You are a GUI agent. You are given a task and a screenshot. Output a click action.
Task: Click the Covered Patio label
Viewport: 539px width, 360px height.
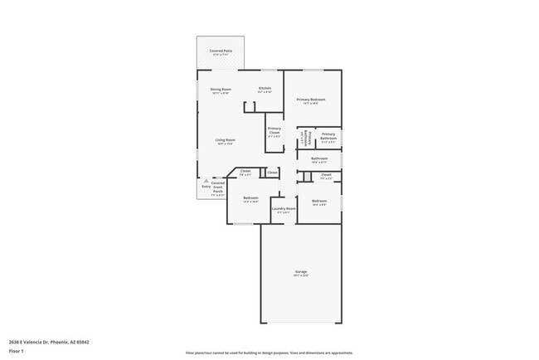pyautogui.click(x=221, y=51)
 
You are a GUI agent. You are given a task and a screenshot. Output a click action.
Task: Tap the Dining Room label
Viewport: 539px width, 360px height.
pyautogui.click(x=221, y=89)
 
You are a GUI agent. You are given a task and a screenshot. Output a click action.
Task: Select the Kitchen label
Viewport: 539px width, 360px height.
pyautogui.click(x=265, y=88)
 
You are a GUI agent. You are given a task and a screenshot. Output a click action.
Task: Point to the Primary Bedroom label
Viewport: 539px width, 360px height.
pyautogui.click(x=311, y=100)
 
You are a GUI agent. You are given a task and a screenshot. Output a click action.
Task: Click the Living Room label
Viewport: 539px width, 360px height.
pyautogui.click(x=226, y=140)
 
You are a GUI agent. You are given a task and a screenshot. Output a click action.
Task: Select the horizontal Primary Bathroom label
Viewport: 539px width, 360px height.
pyautogui.click(x=328, y=136)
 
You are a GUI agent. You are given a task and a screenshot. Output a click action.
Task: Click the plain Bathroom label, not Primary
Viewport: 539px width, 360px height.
pyautogui.click(x=319, y=158)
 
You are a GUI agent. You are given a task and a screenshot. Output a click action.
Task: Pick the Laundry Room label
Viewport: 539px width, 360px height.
pyautogui.click(x=284, y=209)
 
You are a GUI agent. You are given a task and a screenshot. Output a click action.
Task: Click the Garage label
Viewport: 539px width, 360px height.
pyautogui.click(x=301, y=272)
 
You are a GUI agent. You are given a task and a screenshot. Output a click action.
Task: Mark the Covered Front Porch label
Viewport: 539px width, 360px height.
pyautogui.click(x=217, y=187)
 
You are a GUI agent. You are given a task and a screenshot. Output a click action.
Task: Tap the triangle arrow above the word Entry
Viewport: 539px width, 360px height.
pyautogui.click(x=206, y=180)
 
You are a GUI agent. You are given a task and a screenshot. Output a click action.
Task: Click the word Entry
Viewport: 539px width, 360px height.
pyautogui.click(x=206, y=186)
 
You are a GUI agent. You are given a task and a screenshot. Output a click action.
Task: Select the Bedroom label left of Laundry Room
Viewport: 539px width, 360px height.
pyautogui.click(x=250, y=197)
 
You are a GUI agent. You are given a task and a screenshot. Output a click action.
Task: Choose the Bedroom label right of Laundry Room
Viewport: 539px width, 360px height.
pyautogui.click(x=319, y=202)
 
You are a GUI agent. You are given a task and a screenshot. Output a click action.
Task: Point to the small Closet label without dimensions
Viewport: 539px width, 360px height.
pyautogui.click(x=272, y=173)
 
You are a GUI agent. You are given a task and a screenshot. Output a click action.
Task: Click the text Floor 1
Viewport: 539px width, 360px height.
pyautogui.click(x=17, y=350)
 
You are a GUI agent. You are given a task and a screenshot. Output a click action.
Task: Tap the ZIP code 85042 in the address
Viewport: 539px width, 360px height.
pyautogui.click(x=83, y=342)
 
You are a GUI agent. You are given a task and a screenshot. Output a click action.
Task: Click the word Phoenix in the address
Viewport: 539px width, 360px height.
pyautogui.click(x=60, y=342)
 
